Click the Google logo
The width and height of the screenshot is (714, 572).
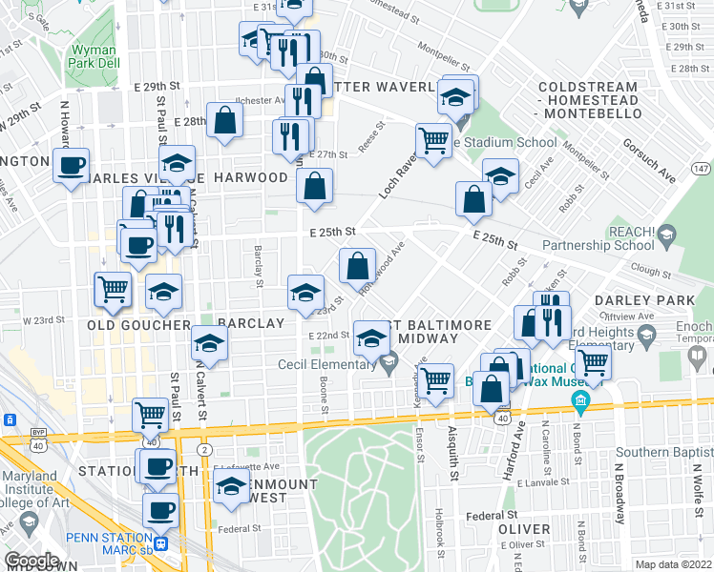click(x=31, y=561)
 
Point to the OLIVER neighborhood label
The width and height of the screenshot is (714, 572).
click(x=524, y=529)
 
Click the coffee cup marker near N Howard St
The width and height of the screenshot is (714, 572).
click(x=71, y=166)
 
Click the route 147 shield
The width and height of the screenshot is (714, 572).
click(x=702, y=168)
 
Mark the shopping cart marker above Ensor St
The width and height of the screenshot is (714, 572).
click(x=436, y=379)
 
